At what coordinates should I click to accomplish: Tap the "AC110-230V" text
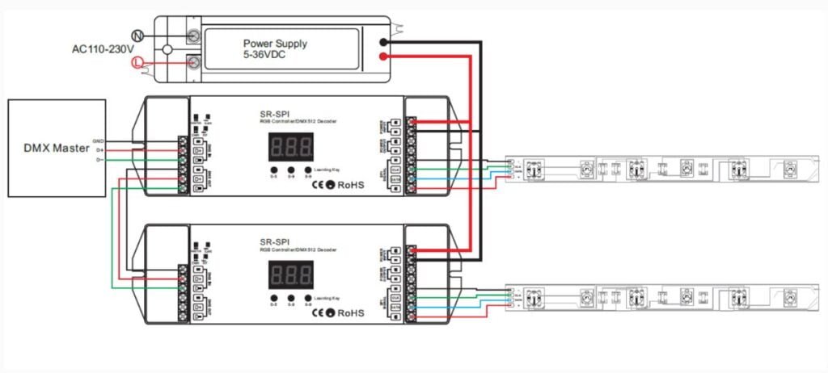point(102,48)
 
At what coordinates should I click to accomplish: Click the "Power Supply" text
point(275,43)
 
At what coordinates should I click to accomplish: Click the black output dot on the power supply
point(385,41)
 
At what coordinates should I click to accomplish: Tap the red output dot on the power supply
point(385,56)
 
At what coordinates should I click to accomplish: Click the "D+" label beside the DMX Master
point(99,149)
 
